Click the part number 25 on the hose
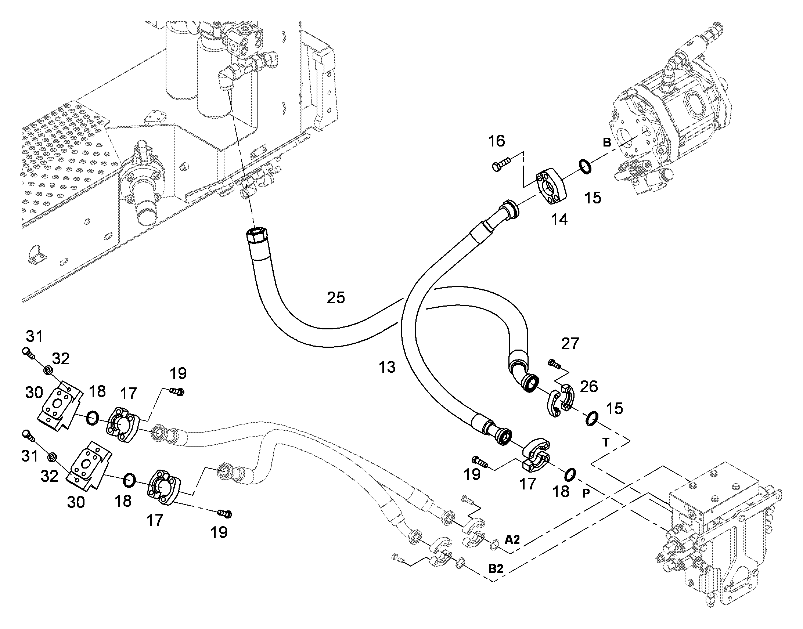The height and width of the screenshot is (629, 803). pos(336,297)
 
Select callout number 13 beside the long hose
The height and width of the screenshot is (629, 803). pos(387,367)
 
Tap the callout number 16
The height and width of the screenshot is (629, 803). pos(497,141)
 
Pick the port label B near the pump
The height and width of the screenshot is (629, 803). pos(607,142)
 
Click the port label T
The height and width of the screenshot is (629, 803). pos(606,442)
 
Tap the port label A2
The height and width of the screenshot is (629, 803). pos(512,540)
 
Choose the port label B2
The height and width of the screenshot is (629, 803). pos(496,569)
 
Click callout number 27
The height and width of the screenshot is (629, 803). pos(570,344)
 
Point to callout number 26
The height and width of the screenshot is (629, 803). pos(588,387)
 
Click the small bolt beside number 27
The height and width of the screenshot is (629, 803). pos(554,364)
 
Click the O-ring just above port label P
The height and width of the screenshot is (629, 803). pos(569,474)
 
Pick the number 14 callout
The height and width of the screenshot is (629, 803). pos(559,220)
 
